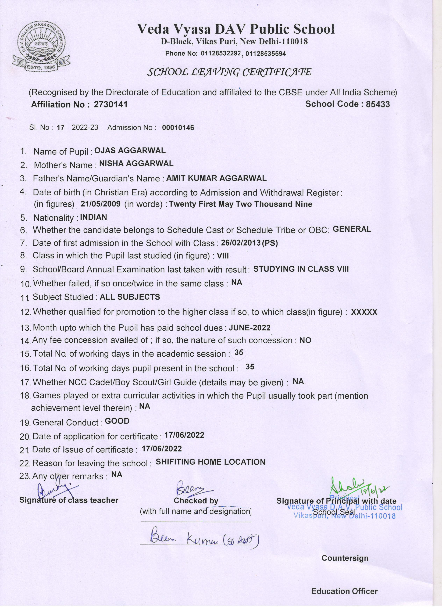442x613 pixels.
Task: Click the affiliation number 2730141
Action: click(110, 104)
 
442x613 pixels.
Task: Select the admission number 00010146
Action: click(178, 128)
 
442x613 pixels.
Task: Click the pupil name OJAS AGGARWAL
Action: click(130, 150)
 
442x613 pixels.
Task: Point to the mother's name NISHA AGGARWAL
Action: click(136, 164)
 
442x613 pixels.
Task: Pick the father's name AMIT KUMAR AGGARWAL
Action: click(216, 178)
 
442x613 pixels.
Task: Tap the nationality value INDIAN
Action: click(94, 217)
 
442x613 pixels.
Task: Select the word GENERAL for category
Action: click(352, 229)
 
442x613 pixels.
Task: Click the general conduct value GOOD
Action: click(117, 421)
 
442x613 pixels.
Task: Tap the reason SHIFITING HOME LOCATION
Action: click(210, 462)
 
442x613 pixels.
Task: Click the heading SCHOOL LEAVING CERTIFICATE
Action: click(229, 72)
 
